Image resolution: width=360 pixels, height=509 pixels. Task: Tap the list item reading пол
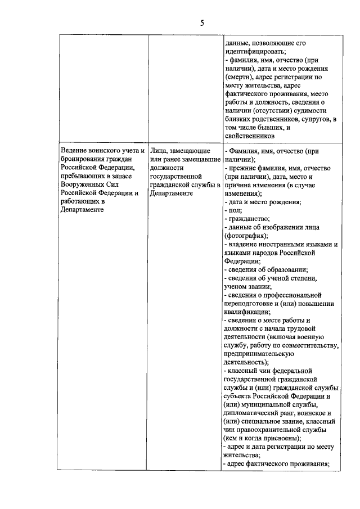click(x=233, y=210)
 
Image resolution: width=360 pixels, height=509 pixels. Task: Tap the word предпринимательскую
click(x=257, y=354)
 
